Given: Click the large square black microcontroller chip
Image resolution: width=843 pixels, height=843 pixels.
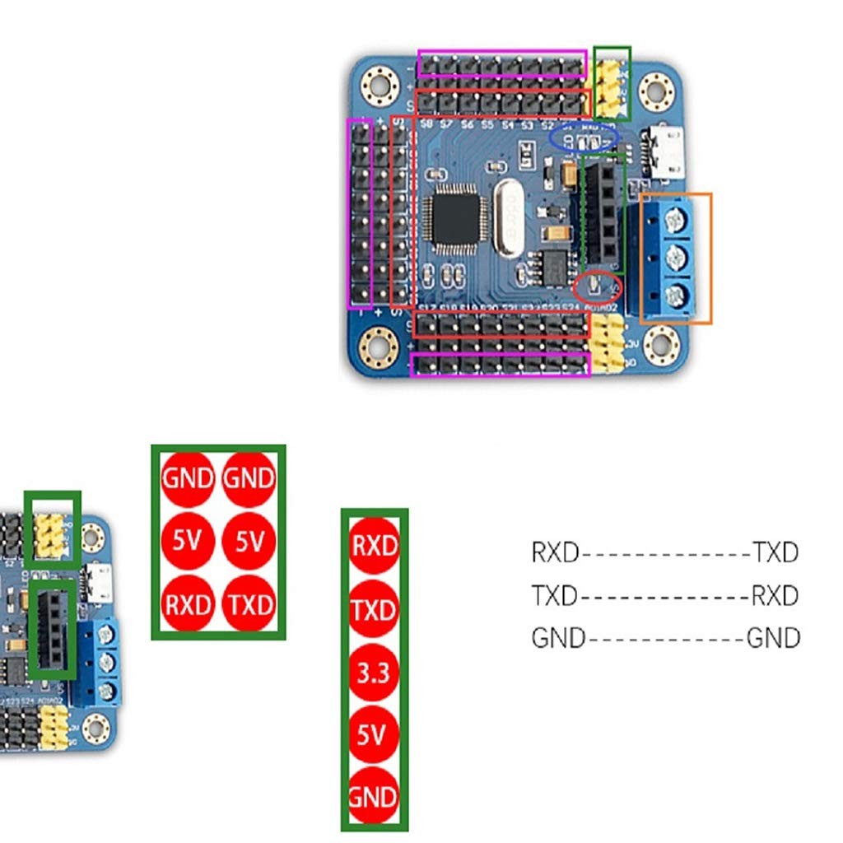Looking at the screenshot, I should click(x=450, y=217).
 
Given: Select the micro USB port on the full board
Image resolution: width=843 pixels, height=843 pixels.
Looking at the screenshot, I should click(x=667, y=151).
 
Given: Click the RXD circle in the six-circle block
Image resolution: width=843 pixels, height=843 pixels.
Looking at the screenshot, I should click(x=189, y=604).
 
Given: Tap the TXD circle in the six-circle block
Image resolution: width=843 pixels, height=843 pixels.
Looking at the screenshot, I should click(x=249, y=604).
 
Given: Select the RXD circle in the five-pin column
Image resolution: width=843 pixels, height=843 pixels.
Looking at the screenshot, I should click(x=374, y=546).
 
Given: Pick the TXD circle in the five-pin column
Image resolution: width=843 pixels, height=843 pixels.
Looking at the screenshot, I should click(x=374, y=610).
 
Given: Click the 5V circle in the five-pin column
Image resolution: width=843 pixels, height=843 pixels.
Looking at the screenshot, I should click(x=374, y=735).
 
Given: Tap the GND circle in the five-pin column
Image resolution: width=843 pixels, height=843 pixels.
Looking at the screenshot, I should click(x=374, y=796).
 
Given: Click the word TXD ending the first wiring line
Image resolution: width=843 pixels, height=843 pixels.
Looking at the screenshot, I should click(x=775, y=552).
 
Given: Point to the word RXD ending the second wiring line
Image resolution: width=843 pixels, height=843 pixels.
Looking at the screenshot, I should click(x=775, y=594).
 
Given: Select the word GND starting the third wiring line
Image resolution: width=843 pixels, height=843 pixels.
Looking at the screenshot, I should click(x=558, y=637).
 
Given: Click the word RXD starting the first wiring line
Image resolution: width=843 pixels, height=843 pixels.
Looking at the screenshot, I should click(x=556, y=552).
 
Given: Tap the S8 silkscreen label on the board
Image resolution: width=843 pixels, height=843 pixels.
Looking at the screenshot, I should click(x=426, y=124).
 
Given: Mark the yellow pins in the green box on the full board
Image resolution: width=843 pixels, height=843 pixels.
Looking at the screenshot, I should click(x=611, y=87).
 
